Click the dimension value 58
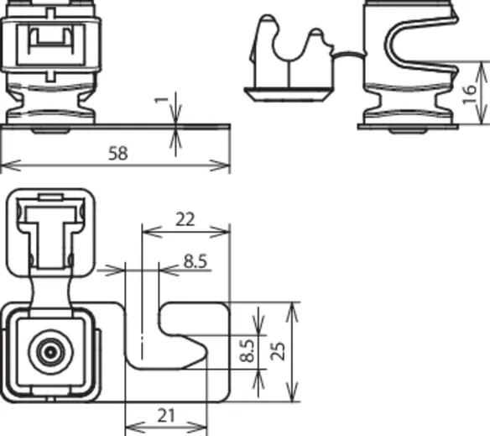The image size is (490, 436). pos(118,153)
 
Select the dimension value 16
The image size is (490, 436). pos(469,94)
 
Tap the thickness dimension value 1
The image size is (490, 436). pos(162,100)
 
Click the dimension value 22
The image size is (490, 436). pos(185,219)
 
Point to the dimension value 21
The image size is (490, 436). pos(166,416)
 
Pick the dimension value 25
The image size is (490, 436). pos(278,351)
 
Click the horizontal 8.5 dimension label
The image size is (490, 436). pos(195,261)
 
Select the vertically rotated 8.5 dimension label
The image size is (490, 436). pos(248,351)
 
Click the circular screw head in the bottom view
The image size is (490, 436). pos(50,352)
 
